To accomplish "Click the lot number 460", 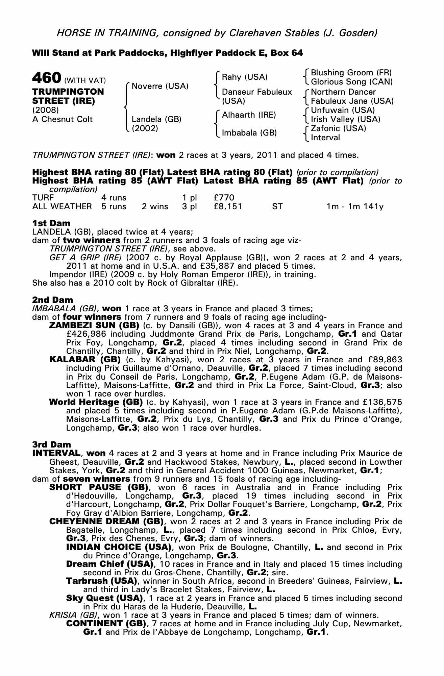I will (46, 78).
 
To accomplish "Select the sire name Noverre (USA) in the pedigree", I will (160, 86).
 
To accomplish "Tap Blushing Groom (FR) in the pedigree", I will (351, 73).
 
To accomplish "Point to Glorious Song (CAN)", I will (352, 82).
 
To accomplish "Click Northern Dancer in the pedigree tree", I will (343, 92).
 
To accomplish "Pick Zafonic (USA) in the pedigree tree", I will (338, 128).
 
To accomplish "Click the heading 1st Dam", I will (51, 223).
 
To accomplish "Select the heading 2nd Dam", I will (52, 300).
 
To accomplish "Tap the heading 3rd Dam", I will (52, 444).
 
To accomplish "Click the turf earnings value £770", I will (224, 197).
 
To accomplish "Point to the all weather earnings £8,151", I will (228, 206).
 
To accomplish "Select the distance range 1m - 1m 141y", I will (355, 206).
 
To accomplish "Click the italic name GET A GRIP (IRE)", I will (85, 258).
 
